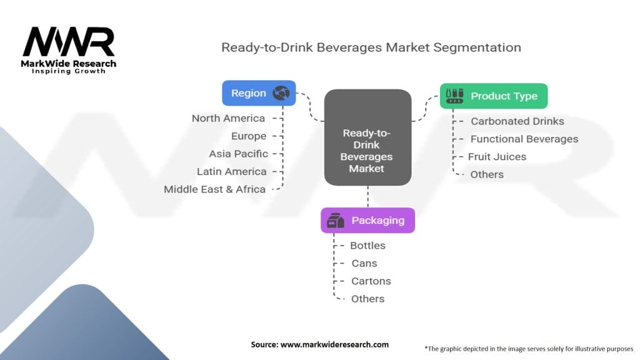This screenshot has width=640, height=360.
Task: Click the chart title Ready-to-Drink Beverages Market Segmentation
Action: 371,47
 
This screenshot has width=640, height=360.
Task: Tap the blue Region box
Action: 259,93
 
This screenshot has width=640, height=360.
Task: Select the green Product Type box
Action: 493,96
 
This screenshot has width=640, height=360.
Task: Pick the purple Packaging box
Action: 367,220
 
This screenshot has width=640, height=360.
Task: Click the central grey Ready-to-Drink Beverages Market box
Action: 367,137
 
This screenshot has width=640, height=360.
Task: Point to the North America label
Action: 228,118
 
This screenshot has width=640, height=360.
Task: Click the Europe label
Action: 249,136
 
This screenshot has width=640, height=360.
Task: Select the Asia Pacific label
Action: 239,153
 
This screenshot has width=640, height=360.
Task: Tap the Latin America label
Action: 231,171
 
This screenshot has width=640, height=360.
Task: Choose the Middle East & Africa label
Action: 215,189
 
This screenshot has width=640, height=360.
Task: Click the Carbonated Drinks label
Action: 517,121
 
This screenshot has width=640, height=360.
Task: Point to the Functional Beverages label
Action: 524,139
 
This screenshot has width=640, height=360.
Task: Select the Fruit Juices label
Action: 497,156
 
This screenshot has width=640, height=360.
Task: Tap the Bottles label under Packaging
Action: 367,246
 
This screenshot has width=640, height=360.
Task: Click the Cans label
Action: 364,263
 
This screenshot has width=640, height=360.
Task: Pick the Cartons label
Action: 371,281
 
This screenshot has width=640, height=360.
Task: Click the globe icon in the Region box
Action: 281,93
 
